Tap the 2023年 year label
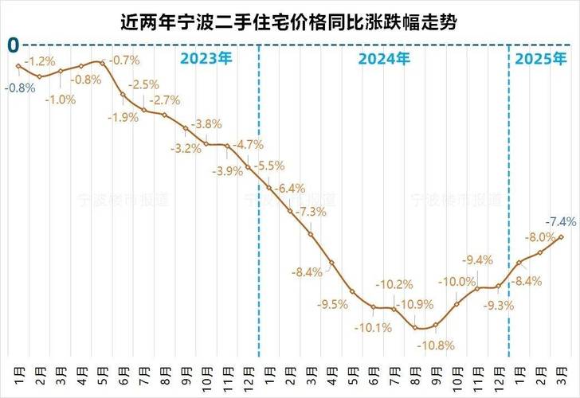(206, 58)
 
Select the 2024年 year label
(384, 58)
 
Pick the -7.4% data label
(557, 220)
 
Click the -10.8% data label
(439, 345)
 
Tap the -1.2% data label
(39, 60)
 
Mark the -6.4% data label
(290, 188)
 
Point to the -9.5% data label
(332, 304)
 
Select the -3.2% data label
(188, 149)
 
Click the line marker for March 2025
(562, 236)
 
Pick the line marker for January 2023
(18, 66)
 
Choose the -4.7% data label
(249, 144)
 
